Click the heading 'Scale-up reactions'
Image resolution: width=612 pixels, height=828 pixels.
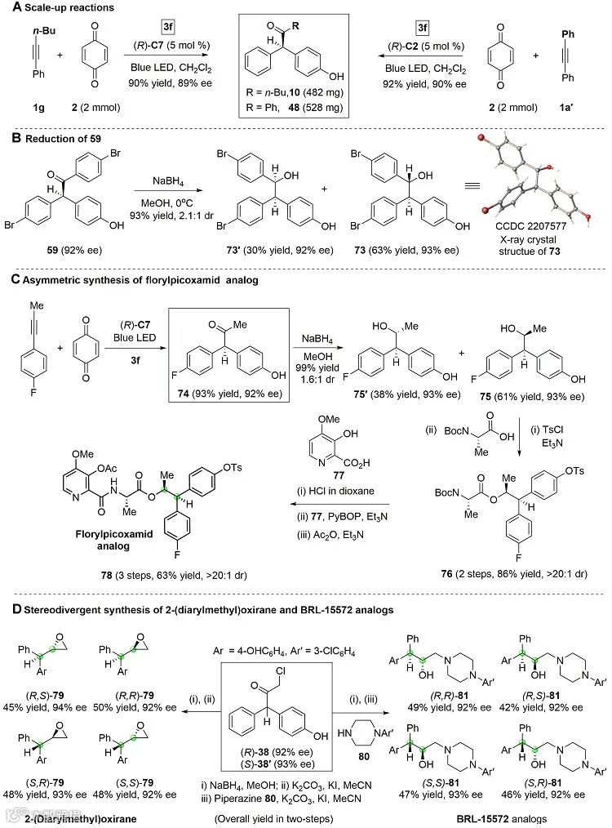59,7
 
